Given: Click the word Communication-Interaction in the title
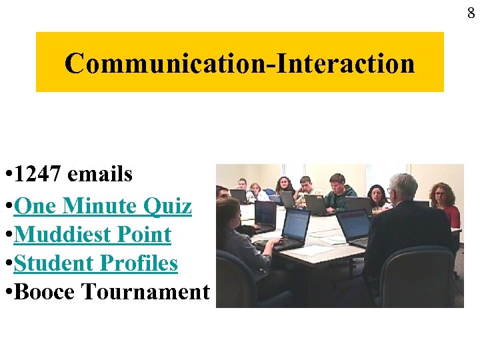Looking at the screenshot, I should pos(239,63).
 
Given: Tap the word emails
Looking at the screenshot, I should pos(100,175).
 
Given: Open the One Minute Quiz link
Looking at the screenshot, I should pos(103,206).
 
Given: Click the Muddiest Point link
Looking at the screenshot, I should pos(93,235).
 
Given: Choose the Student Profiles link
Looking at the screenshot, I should pos(95,263).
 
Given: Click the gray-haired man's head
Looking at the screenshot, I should pos(403,189).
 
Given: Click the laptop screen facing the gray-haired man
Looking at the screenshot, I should pos(353,223).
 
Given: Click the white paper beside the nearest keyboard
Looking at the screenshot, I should pos(313,251).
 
